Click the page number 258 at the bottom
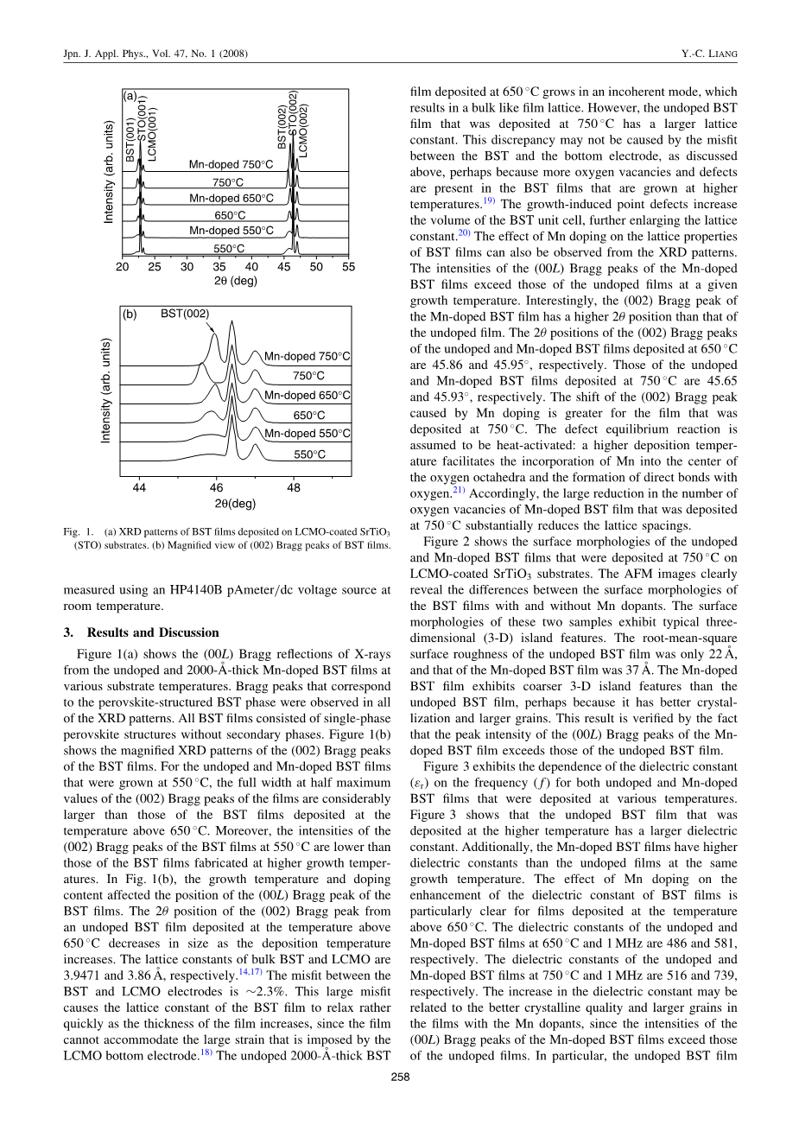tap(399, 1077)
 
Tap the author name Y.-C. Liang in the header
tap(708, 54)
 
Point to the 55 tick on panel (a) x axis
tap(348, 267)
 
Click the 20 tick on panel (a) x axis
tap(122, 267)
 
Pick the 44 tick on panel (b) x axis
tap(139, 488)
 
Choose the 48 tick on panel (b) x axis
tap(294, 488)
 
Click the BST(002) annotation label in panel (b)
tap(185, 314)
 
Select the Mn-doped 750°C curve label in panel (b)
tap(308, 356)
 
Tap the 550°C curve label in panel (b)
tap(309, 454)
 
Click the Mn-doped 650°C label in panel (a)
tap(231, 199)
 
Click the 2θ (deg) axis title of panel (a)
tap(235, 281)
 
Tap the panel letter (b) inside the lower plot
tap(130, 315)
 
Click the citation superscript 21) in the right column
tap(458, 490)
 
